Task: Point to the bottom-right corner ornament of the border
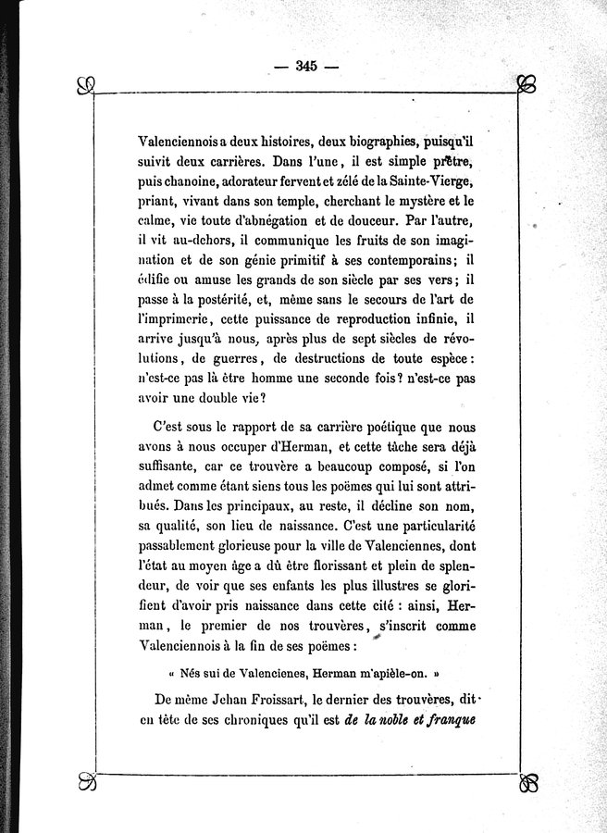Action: point(527,783)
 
